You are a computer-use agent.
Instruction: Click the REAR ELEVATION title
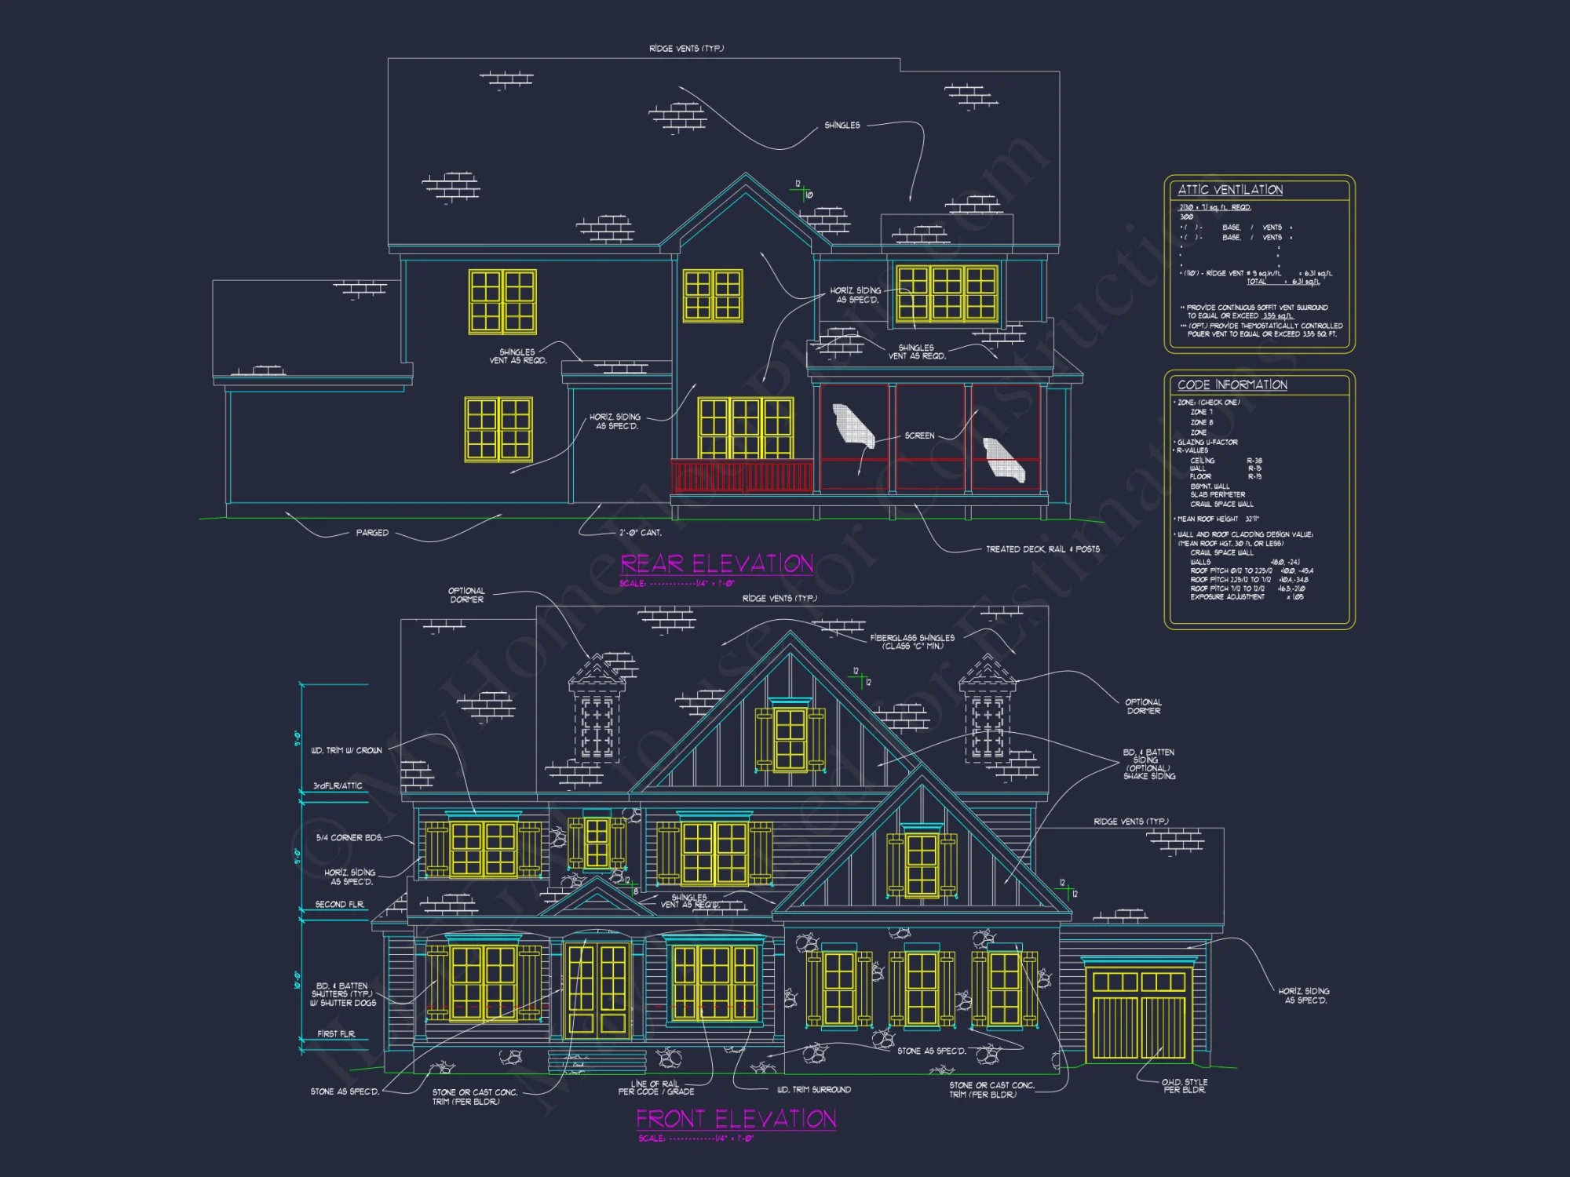[x=717, y=564]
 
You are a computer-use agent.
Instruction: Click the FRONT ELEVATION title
[x=736, y=1118]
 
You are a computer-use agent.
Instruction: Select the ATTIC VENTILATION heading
[x=1230, y=190]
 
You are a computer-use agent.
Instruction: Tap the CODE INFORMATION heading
[x=1232, y=384]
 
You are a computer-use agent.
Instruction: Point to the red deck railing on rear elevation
[x=742, y=477]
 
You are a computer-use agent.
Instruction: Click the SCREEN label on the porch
[x=919, y=435]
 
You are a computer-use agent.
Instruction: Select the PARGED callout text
[x=372, y=533]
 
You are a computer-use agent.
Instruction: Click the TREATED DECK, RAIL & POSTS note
[x=1042, y=549]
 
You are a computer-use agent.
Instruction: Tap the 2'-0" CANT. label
[x=640, y=533]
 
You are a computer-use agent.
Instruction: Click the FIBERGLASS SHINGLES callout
[x=912, y=642]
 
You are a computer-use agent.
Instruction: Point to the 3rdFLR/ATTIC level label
[x=338, y=785]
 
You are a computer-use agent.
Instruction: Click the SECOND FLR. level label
[x=339, y=905]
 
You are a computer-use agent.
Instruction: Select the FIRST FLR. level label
[x=336, y=1034]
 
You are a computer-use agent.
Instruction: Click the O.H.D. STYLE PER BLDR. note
[x=1185, y=1086]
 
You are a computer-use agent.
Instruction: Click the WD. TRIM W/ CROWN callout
[x=346, y=751]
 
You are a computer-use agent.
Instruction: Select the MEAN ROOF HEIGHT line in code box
[x=1218, y=519]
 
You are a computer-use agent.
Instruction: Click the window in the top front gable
[x=790, y=738]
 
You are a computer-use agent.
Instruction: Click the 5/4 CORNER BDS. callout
[x=349, y=838]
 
